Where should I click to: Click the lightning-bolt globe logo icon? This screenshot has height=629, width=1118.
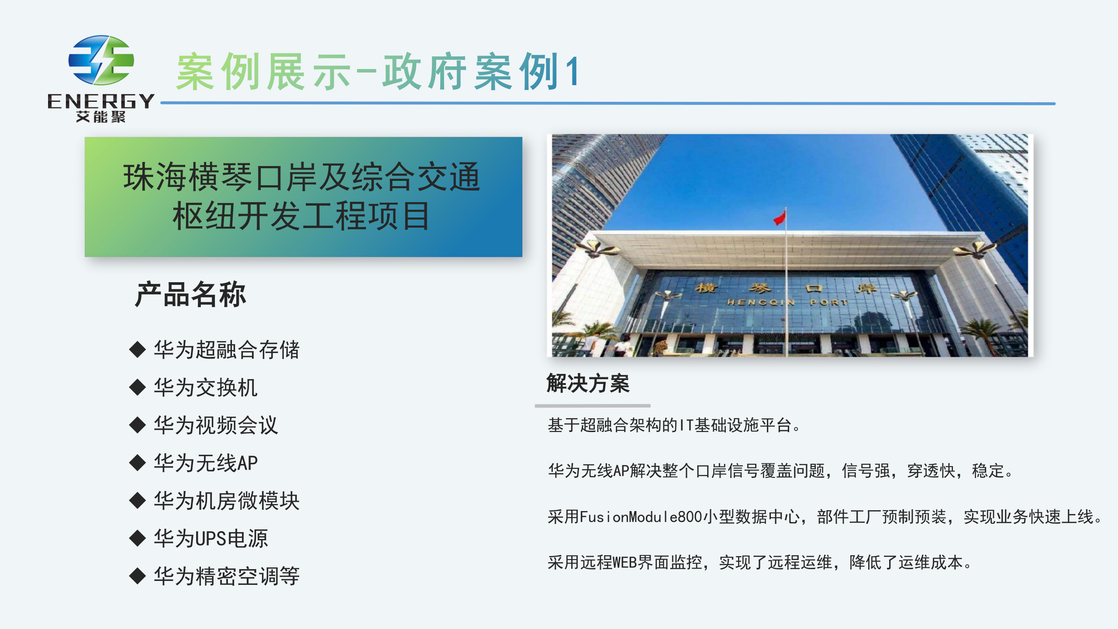101,60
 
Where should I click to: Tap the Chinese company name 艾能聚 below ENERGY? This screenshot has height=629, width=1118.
101,117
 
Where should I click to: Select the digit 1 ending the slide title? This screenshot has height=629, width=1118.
573,71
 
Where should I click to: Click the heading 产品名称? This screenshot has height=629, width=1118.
190,294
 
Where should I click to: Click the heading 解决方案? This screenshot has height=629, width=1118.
588,384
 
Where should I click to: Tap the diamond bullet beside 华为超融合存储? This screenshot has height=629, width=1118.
138,349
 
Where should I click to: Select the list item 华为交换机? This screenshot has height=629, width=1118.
206,387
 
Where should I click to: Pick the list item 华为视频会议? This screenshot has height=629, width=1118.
216,425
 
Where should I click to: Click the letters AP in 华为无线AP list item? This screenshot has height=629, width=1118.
248,463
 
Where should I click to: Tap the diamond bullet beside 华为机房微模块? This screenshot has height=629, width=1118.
138,501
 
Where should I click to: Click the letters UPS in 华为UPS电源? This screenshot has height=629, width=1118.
211,539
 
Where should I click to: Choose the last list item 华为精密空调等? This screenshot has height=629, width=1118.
227,576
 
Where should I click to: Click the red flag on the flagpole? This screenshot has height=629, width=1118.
780,218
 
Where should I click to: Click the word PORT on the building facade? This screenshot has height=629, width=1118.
828,302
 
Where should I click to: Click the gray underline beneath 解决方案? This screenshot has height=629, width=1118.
593,406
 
